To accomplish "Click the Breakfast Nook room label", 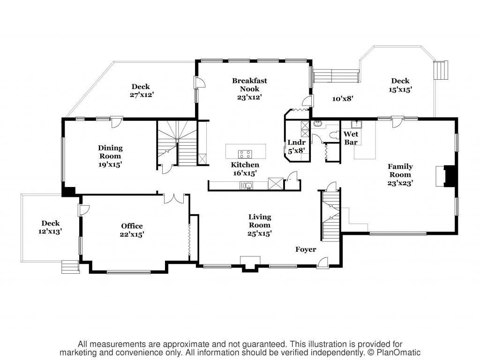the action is [249, 85].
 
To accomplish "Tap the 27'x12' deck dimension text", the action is [142, 95].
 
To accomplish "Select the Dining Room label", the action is [110, 152].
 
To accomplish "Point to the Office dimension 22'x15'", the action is [132, 234].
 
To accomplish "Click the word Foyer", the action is [306, 249].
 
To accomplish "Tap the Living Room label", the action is [260, 221].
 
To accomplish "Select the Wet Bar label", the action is [351, 138].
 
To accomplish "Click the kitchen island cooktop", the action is [245, 154].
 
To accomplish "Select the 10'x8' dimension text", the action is [343, 99].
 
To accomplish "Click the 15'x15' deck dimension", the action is [400, 90].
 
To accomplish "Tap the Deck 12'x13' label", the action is [51, 227].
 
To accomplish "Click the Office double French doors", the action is [174, 199].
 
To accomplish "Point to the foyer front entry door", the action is [322, 263].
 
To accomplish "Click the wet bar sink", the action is [356, 124].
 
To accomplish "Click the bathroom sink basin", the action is [318, 124].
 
